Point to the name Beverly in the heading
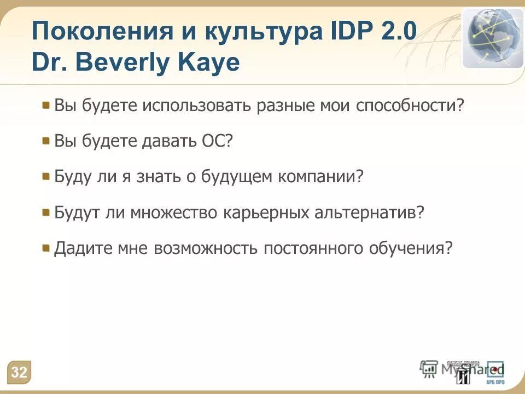pyautogui.click(x=131, y=62)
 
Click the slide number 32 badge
pyautogui.click(x=19, y=373)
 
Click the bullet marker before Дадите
pyautogui.click(x=46, y=248)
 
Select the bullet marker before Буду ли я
pyautogui.click(x=46, y=176)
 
